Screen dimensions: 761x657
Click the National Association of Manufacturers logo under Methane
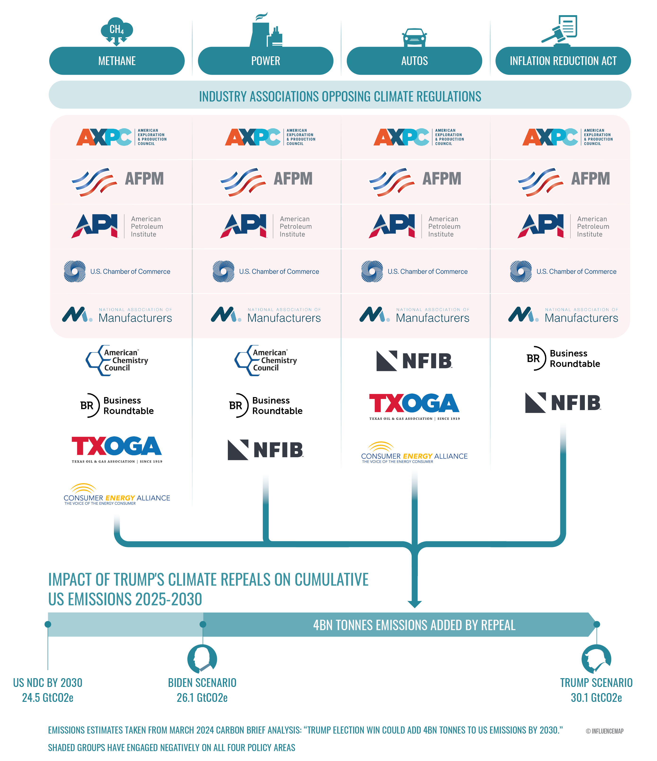click(117, 315)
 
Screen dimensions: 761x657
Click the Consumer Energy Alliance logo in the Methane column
click(117, 494)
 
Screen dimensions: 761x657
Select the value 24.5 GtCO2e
click(48, 697)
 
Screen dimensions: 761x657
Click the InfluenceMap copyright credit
click(604, 731)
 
